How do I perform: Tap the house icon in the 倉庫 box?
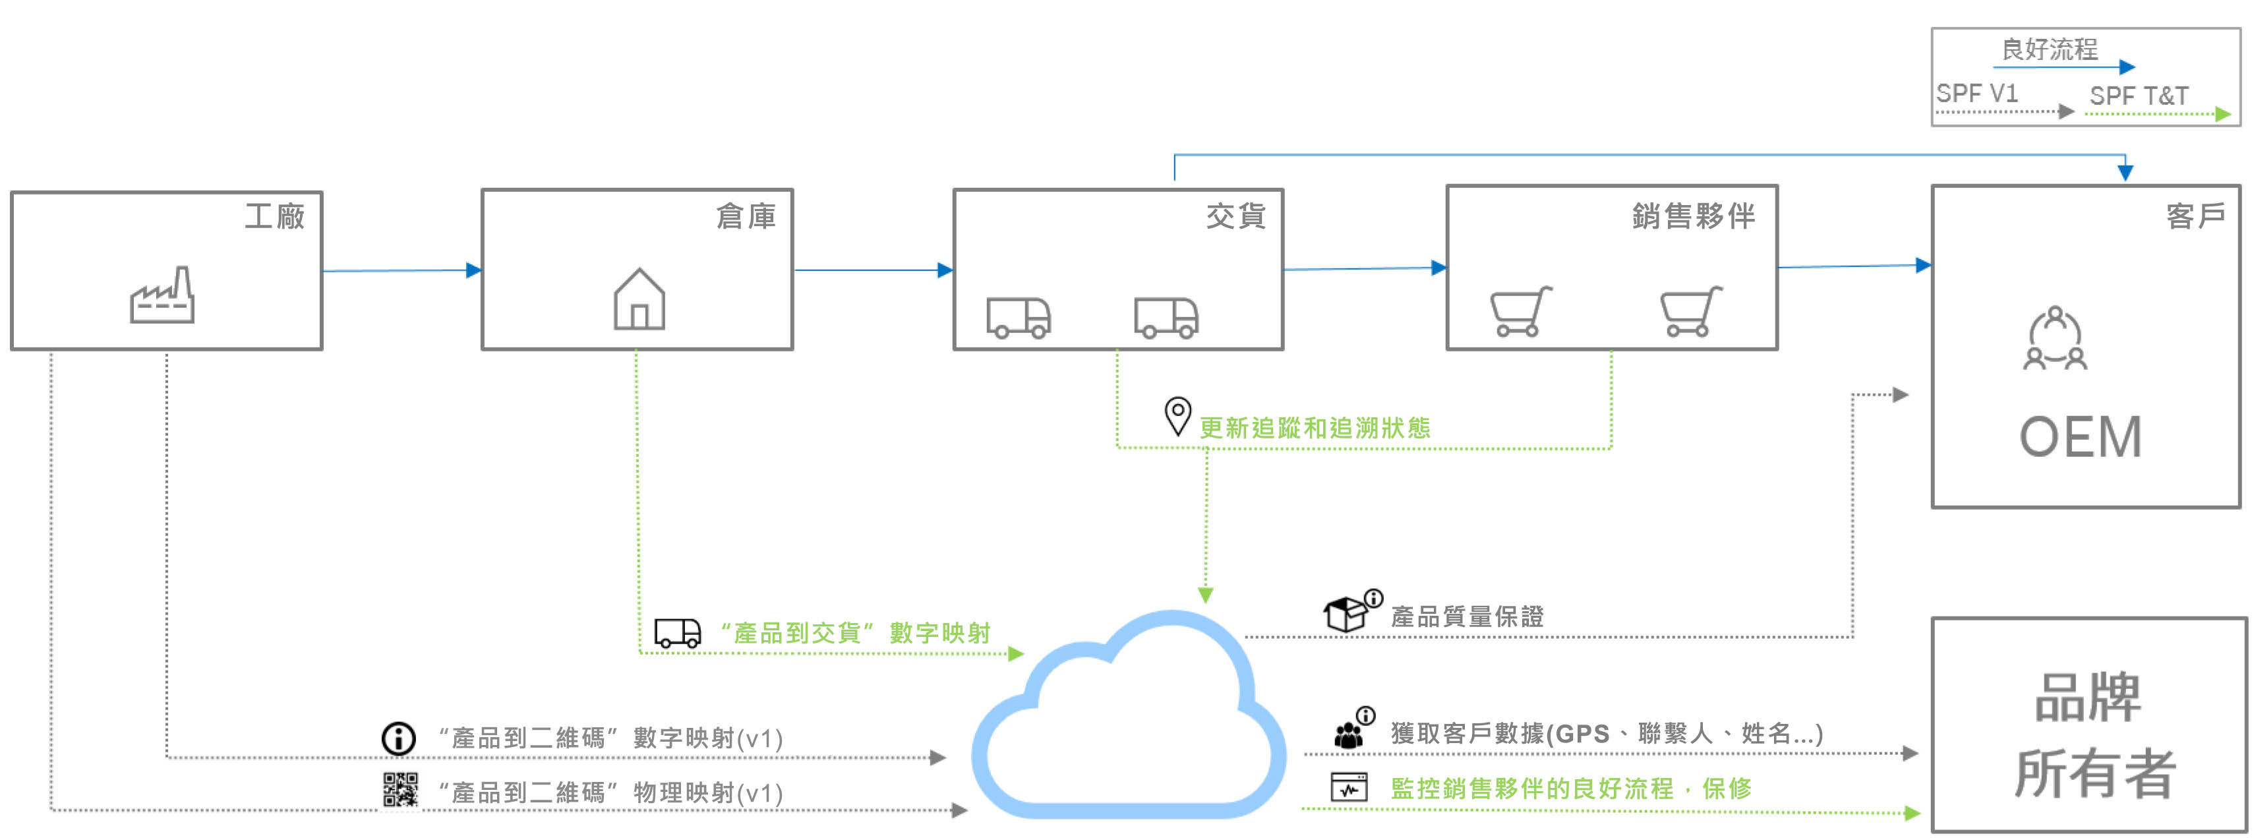pyautogui.click(x=639, y=299)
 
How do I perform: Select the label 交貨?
pyautogui.click(x=1235, y=216)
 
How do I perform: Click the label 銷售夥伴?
pyautogui.click(x=1693, y=216)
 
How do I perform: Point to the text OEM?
pyautogui.click(x=2080, y=437)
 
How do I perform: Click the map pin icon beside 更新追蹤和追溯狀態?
pyautogui.click(x=1177, y=415)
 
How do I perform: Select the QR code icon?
pyautogui.click(x=401, y=790)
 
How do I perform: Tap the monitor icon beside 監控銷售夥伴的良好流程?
pyautogui.click(x=1348, y=787)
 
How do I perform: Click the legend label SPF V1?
pyautogui.click(x=1976, y=94)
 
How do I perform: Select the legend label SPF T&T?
pyautogui.click(x=2139, y=96)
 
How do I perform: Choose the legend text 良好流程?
pyautogui.click(x=2049, y=49)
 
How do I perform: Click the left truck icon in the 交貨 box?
pyautogui.click(x=1019, y=318)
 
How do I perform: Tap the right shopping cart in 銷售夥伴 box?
pyautogui.click(x=1690, y=311)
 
